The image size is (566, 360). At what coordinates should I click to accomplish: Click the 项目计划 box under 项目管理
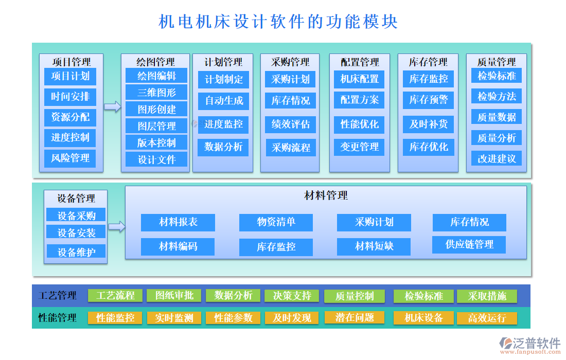[70, 77]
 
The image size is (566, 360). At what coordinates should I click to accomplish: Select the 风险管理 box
[70, 158]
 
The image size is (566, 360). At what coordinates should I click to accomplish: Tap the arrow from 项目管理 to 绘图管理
[112, 106]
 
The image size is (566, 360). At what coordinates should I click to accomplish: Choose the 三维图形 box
[156, 93]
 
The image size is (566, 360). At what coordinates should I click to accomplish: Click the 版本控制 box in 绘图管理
[156, 142]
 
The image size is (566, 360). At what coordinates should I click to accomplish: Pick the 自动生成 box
[223, 101]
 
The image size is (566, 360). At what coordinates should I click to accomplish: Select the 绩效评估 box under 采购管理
[291, 124]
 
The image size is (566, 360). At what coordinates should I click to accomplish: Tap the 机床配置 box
[359, 79]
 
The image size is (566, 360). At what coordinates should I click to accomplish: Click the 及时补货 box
[428, 124]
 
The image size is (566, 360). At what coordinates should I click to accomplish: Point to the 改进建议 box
[497, 158]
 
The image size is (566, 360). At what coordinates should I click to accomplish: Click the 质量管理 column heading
[497, 62]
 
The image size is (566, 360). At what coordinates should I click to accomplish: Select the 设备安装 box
[76, 232]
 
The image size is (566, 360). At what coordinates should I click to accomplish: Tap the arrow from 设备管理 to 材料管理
[117, 226]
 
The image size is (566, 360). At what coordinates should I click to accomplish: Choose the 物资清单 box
[276, 222]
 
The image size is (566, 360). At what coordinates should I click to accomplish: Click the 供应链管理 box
[469, 245]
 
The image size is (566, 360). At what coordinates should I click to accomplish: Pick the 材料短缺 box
[374, 246]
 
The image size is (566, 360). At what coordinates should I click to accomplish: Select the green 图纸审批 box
[174, 296]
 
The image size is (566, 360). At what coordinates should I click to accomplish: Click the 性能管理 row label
[57, 318]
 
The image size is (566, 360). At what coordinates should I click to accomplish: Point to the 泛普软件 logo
[530, 344]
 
